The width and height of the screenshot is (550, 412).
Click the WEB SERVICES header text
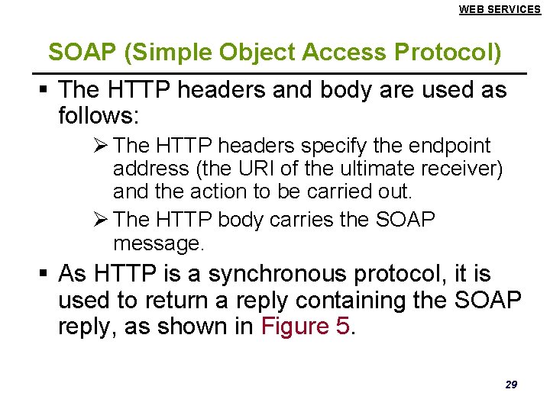[500, 9]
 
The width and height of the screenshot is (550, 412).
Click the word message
[157, 243]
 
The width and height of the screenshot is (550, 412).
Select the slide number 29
[510, 384]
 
